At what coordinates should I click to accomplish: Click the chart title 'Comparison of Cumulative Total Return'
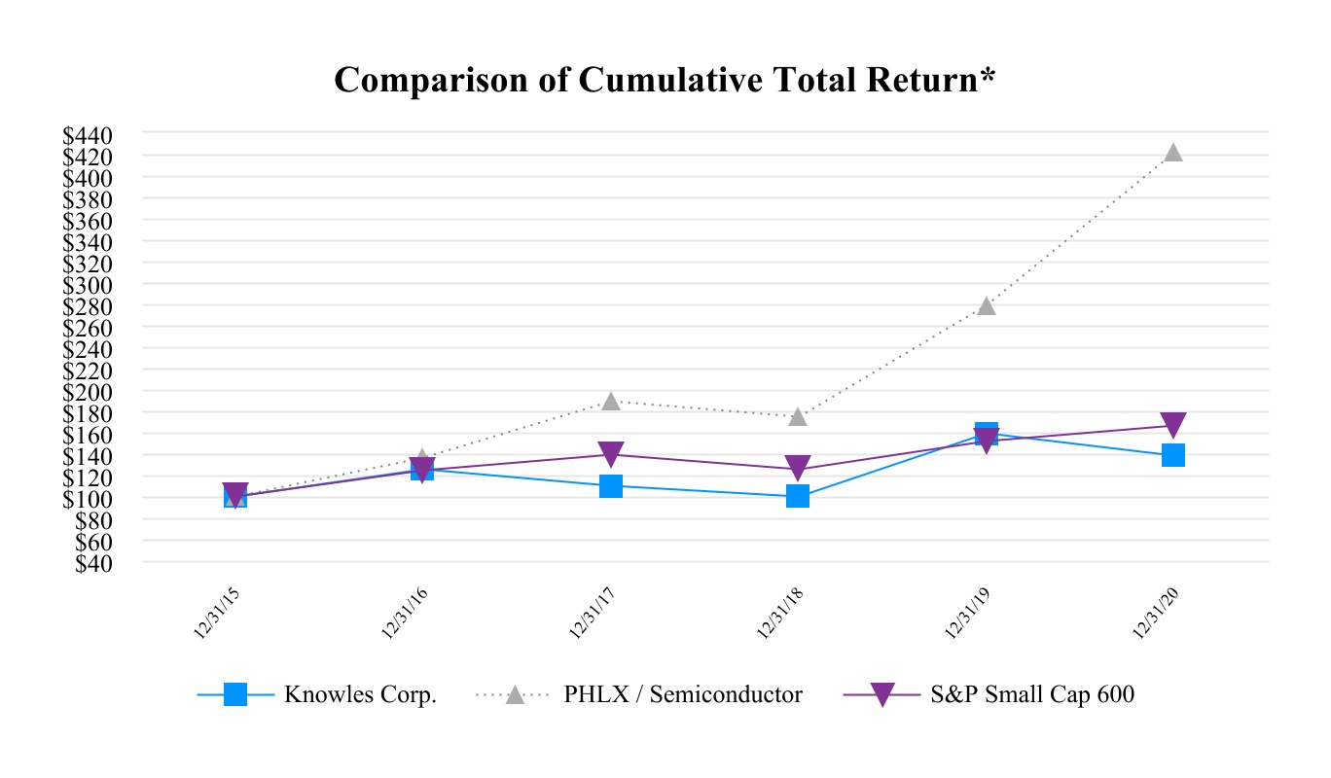pos(665,81)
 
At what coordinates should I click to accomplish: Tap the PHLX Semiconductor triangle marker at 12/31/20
pos(1173,153)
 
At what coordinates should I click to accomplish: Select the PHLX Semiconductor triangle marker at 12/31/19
pos(986,305)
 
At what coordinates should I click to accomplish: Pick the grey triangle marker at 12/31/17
pos(611,401)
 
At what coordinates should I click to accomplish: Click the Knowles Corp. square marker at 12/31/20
pos(1173,455)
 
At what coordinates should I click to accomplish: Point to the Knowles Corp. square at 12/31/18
pos(798,496)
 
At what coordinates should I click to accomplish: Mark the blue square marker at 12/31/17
pos(611,485)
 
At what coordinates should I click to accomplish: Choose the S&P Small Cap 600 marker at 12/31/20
pos(1173,425)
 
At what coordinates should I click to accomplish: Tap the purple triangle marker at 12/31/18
pos(798,469)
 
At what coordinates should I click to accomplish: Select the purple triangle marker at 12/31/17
pos(611,454)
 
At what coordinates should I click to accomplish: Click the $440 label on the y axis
pos(87,134)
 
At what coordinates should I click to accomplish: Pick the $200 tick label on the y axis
pos(87,392)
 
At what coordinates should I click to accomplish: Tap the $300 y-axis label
pos(87,285)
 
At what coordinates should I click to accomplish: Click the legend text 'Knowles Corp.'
pos(360,695)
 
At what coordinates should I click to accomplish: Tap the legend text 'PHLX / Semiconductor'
pos(683,695)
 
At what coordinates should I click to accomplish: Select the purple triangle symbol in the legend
pos(881,695)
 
